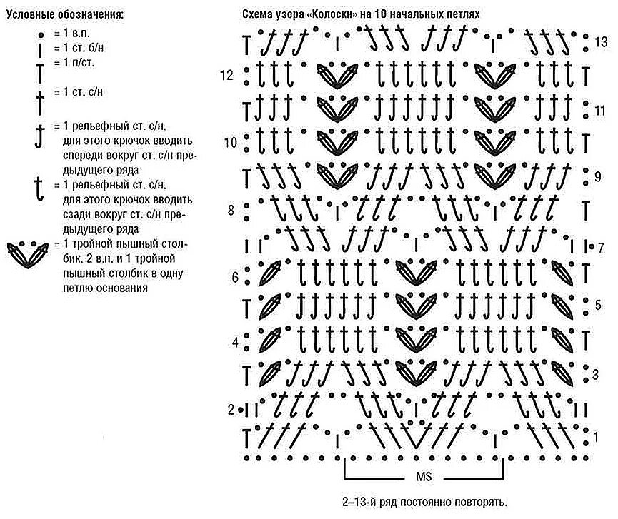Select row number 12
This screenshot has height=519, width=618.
[x=227, y=75]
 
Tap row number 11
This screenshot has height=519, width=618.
[x=600, y=111]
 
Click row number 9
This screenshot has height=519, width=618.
[x=599, y=175]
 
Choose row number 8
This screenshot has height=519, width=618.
[x=231, y=210]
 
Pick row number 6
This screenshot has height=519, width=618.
[x=234, y=276]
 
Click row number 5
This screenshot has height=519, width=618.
[x=599, y=306]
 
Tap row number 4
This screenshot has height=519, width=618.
[x=234, y=342]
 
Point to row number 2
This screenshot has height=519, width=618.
[x=231, y=410]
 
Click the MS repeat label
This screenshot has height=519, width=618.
[x=424, y=476]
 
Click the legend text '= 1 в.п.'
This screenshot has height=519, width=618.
[x=71, y=34]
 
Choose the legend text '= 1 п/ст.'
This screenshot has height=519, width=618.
[x=74, y=62]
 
